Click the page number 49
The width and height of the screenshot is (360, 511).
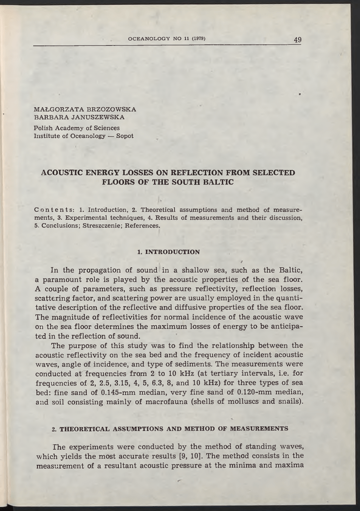pyautogui.click(x=297, y=39)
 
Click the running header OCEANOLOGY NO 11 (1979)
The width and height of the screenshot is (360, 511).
pyautogui.click(x=167, y=38)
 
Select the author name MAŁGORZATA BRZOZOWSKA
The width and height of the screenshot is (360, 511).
pyautogui.click(x=85, y=109)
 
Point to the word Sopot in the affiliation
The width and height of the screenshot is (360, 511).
pyautogui.click(x=125, y=136)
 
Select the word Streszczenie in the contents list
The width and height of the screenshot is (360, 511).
pyautogui.click(x=102, y=226)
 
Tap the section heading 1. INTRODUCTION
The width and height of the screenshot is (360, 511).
pyautogui.click(x=168, y=252)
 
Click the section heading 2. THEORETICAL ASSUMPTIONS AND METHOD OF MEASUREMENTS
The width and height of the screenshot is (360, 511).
pyautogui.click(x=170, y=428)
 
